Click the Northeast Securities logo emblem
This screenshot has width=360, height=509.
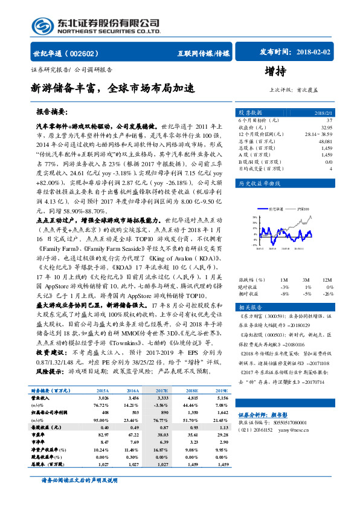(43, 25)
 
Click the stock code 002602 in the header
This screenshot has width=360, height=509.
(88, 53)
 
